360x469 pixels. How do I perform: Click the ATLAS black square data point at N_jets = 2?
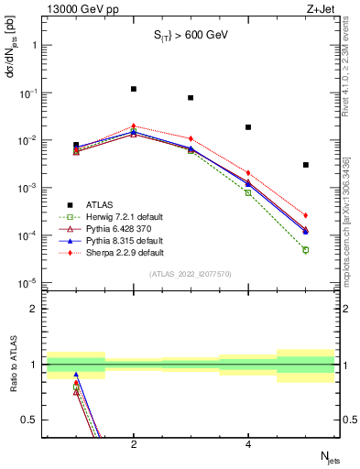click(134, 89)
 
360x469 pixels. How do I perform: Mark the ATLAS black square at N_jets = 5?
click(306, 165)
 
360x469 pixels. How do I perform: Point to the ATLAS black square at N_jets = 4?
click(248, 127)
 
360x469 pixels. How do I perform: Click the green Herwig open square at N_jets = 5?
click(306, 249)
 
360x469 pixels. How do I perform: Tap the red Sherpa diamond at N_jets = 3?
click(191, 138)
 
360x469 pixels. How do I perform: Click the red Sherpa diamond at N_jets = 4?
click(248, 172)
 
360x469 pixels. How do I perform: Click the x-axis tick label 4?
click(248, 444)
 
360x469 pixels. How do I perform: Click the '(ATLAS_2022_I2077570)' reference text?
click(191, 273)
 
